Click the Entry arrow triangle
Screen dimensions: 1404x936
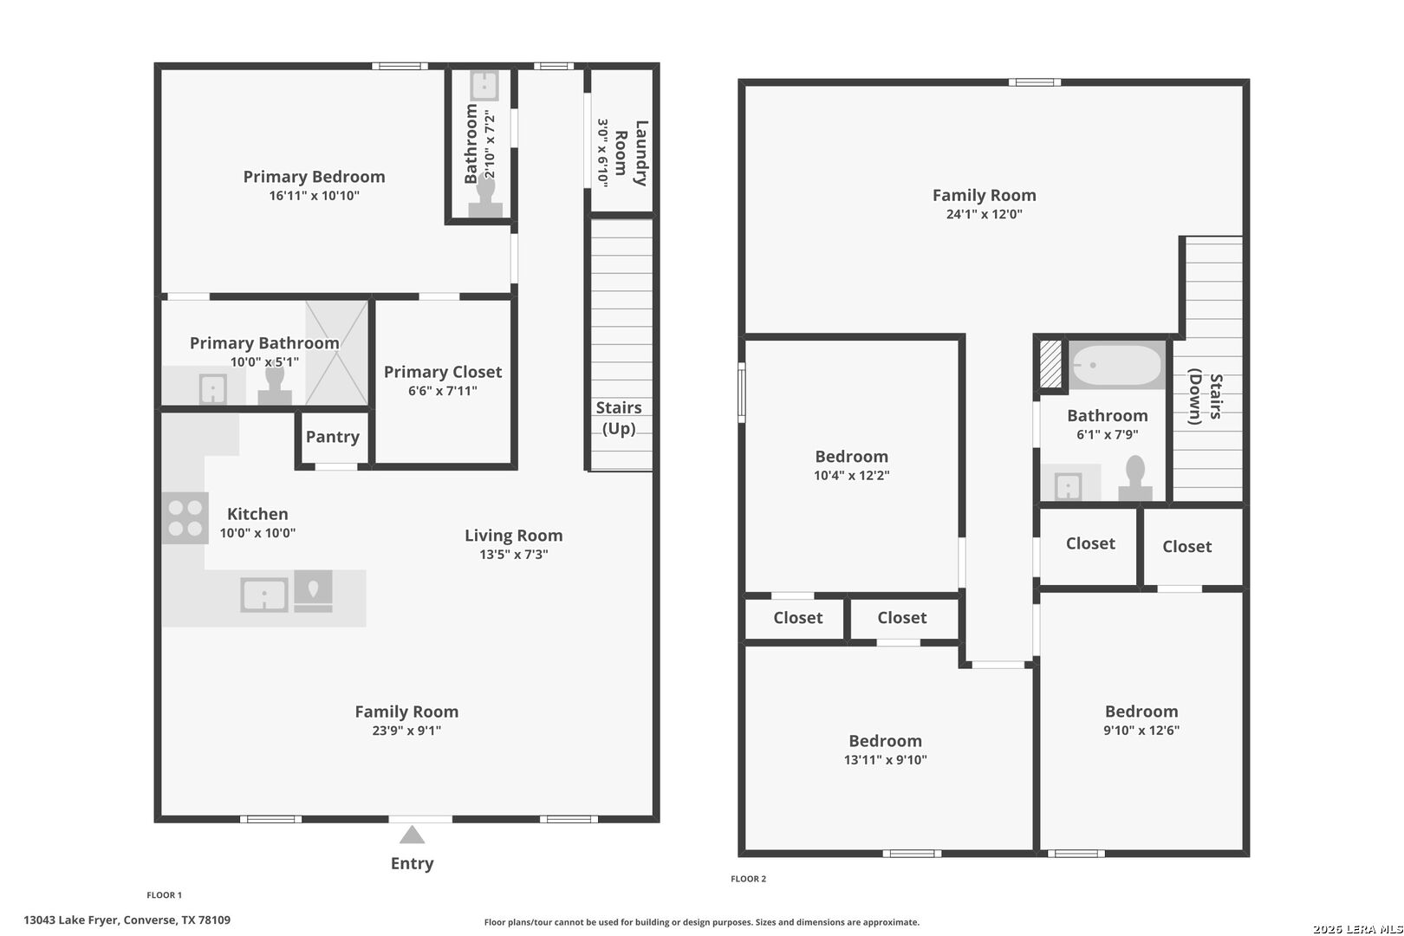pyautogui.click(x=412, y=835)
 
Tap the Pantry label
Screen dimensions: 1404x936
pyautogui.click(x=332, y=436)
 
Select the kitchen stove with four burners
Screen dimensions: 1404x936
pyautogui.click(x=185, y=518)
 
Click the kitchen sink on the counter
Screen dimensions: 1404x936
pyautogui.click(x=263, y=595)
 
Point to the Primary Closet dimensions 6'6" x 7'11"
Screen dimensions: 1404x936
pyautogui.click(x=443, y=391)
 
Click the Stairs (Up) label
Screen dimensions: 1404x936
pyautogui.click(x=619, y=418)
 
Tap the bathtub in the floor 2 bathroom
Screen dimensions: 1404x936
pyautogui.click(x=1116, y=365)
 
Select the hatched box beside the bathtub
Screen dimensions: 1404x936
pyautogui.click(x=1050, y=364)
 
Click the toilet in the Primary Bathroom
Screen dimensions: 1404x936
pyautogui.click(x=275, y=386)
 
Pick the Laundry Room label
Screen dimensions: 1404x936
pyautogui.click(x=631, y=153)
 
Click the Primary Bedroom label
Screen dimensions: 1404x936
pyautogui.click(x=314, y=177)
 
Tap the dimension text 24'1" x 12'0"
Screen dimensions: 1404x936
pyautogui.click(x=984, y=214)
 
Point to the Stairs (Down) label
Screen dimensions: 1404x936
pyautogui.click(x=1206, y=396)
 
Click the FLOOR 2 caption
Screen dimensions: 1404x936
pyautogui.click(x=749, y=879)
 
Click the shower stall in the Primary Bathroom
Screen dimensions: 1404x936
pyautogui.click(x=336, y=353)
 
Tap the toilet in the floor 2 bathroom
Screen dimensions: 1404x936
pyautogui.click(x=1135, y=478)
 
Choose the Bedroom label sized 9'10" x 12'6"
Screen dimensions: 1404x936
pyautogui.click(x=1141, y=712)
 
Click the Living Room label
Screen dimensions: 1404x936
pyautogui.click(x=513, y=536)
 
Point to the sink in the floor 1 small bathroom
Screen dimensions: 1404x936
pyautogui.click(x=484, y=85)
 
